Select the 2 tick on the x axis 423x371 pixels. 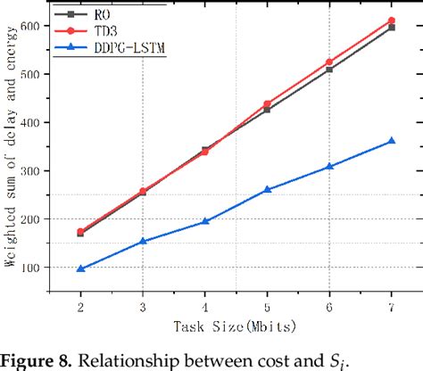(x=80, y=306)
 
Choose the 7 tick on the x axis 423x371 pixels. (x=391, y=306)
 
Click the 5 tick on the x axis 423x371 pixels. (x=267, y=306)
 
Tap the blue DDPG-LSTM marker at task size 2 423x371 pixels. (x=80, y=268)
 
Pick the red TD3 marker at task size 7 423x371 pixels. (x=391, y=21)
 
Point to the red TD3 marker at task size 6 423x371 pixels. (x=329, y=62)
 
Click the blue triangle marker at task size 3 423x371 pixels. (x=143, y=241)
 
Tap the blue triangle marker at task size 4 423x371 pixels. (x=204, y=221)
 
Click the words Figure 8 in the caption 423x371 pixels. (x=35, y=359)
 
